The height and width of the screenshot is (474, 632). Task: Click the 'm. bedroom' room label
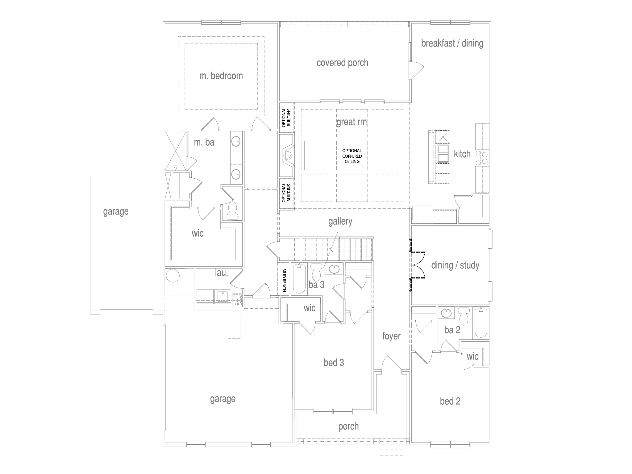click(x=221, y=76)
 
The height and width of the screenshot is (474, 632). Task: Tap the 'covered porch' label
click(x=342, y=63)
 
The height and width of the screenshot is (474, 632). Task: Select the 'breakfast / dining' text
click(x=452, y=43)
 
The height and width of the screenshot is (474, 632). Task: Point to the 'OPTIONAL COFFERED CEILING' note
click(x=352, y=156)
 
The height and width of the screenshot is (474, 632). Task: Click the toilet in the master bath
click(x=232, y=211)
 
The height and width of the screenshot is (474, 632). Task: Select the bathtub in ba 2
click(x=480, y=323)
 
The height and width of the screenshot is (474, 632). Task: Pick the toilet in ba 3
click(x=316, y=272)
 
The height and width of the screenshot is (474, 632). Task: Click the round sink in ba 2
click(x=446, y=313)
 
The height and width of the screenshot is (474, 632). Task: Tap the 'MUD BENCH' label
click(x=284, y=280)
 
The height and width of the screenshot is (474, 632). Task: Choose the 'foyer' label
click(x=391, y=336)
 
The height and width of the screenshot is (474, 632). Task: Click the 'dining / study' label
click(x=455, y=265)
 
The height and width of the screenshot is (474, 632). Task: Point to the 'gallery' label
click(x=340, y=221)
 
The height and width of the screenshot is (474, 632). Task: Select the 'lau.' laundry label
click(x=222, y=273)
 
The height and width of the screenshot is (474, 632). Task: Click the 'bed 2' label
click(x=450, y=401)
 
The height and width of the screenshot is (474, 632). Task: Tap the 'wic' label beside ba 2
click(x=472, y=356)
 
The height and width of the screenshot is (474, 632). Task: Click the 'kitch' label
click(x=462, y=154)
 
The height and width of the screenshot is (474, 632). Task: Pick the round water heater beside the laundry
click(x=172, y=276)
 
